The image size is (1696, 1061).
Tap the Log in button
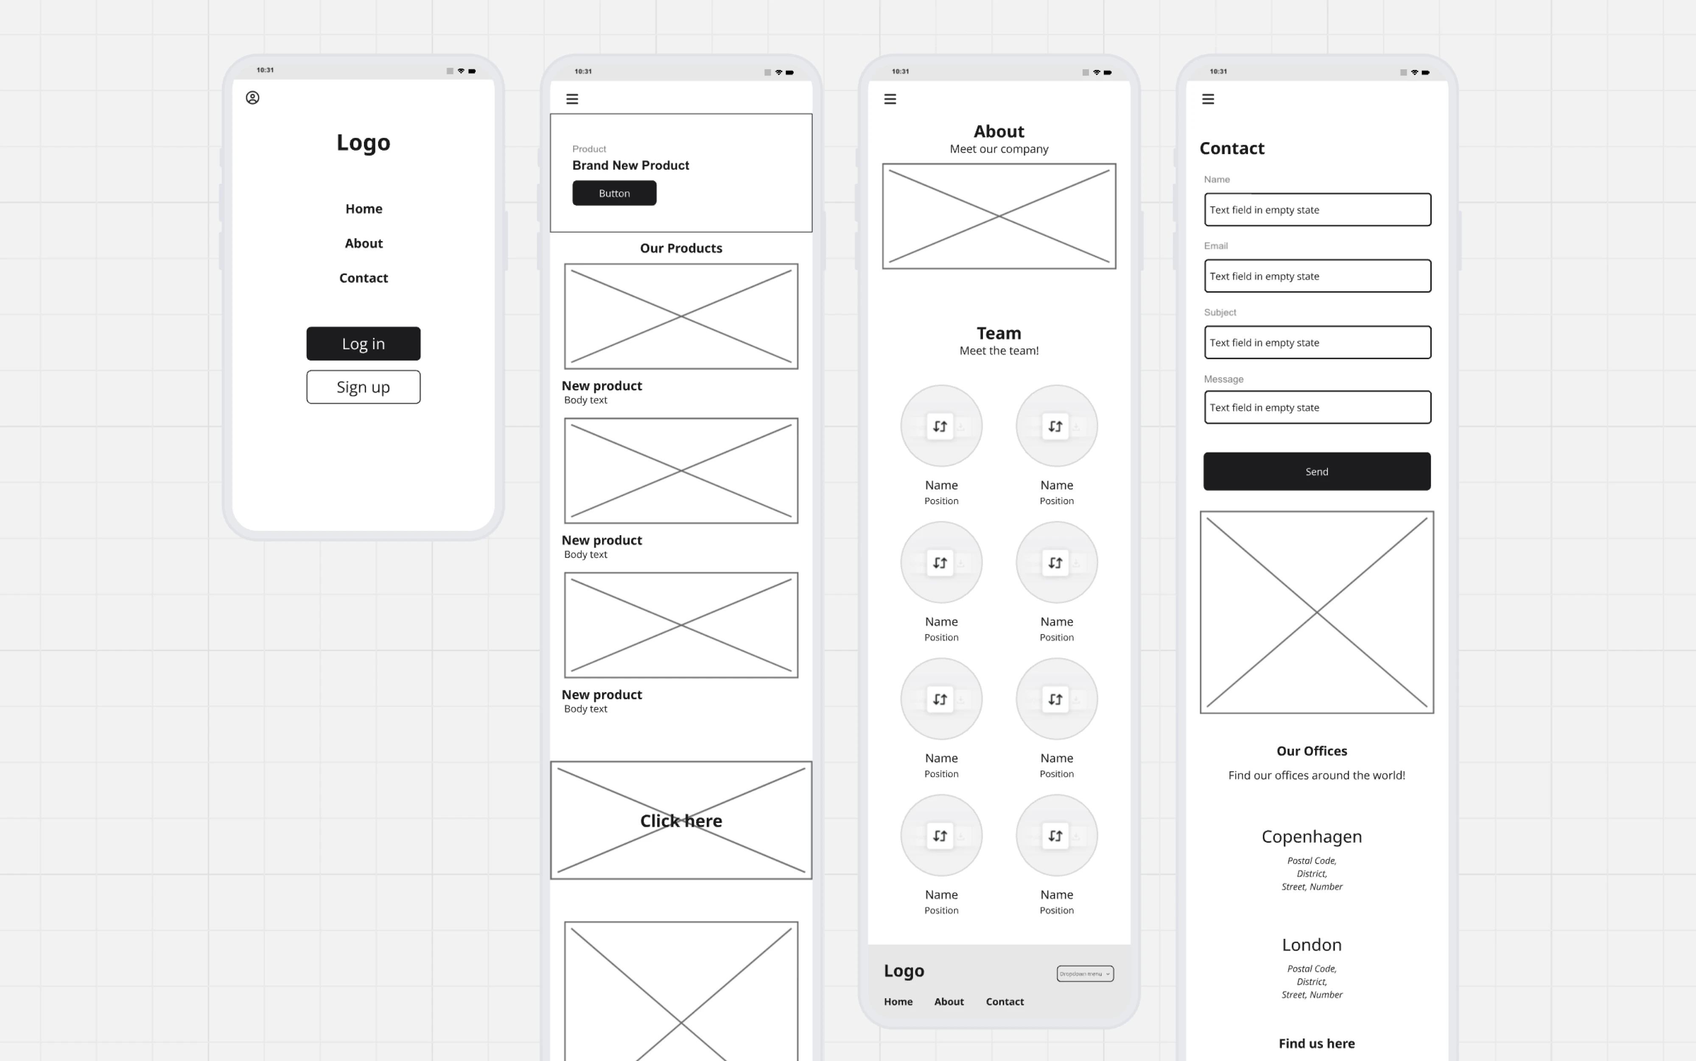point(363,344)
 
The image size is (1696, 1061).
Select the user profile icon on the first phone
point(252,98)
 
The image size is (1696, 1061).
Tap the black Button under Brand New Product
point(614,194)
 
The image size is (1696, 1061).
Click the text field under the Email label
point(1317,276)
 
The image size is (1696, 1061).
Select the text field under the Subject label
point(1317,342)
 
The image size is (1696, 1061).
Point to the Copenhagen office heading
point(1312,836)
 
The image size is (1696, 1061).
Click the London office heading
point(1312,945)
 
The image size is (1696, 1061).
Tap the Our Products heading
point(681,248)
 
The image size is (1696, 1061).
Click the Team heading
point(999,333)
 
